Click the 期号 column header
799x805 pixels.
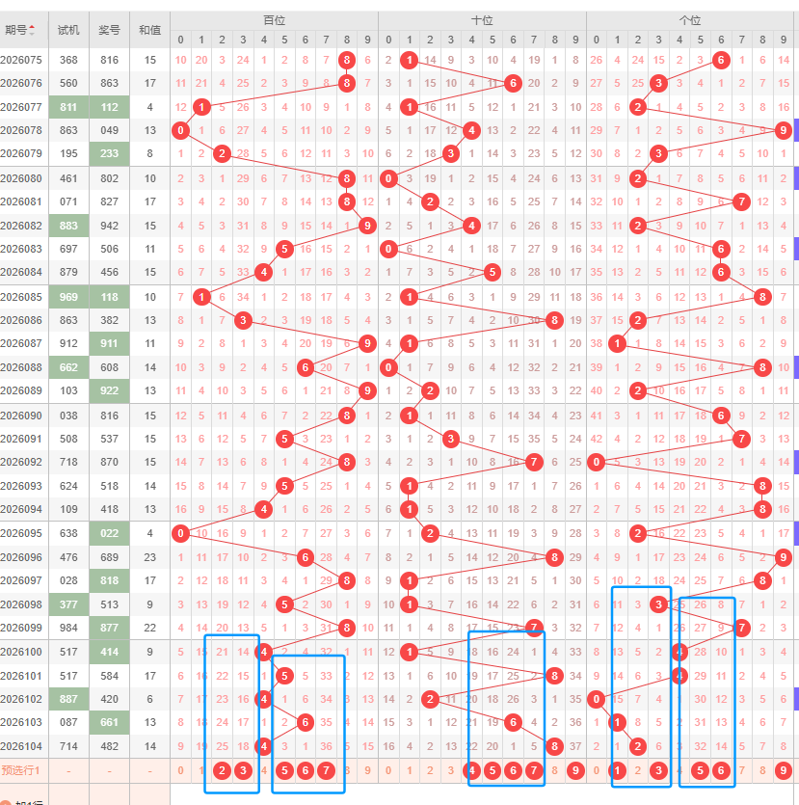coord(15,30)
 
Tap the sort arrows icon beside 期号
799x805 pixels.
coord(33,30)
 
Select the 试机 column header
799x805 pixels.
coord(68,30)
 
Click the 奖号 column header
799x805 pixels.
coord(109,30)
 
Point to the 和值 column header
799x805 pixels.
coord(150,30)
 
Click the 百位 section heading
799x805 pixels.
coord(274,19)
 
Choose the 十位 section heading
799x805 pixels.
coord(482,19)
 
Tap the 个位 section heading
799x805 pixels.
coord(690,19)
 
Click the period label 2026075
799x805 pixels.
coord(21,60)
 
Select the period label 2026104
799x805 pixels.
coord(21,745)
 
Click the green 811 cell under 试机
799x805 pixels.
coord(68,107)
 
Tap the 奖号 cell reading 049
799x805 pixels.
coord(109,130)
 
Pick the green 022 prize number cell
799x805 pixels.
coord(109,532)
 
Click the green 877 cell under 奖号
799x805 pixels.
coord(109,628)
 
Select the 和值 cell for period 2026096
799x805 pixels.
coord(150,556)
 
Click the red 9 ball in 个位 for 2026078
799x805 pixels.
coord(783,130)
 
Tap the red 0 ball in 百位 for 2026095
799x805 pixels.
coord(181,532)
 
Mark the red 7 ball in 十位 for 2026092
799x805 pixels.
coord(534,462)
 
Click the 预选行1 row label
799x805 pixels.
coord(21,769)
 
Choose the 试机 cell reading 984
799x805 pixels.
coord(68,628)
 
